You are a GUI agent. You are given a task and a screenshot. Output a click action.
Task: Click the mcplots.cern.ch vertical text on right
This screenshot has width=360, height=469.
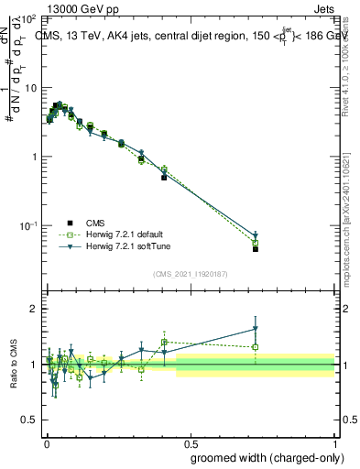coord(352,211)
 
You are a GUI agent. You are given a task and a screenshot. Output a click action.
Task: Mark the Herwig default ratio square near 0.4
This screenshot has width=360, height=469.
coord(164,342)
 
